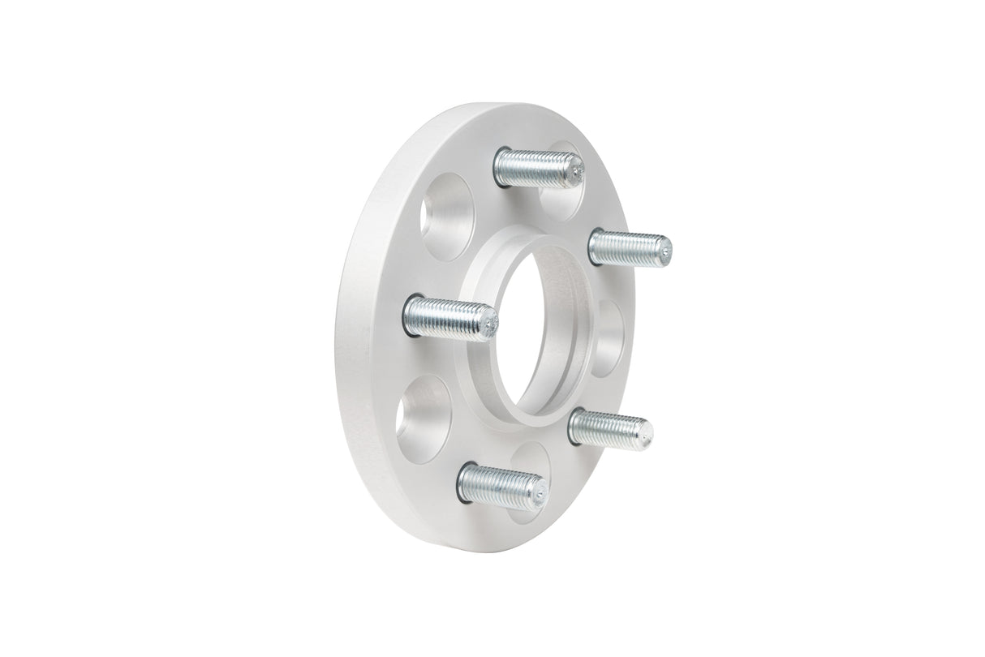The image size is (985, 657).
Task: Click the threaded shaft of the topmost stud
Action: click(536, 168)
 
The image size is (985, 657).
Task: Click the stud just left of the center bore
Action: click(449, 317)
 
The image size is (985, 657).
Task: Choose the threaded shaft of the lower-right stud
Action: click(607, 427)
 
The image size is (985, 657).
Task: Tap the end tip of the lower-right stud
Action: click(646, 433)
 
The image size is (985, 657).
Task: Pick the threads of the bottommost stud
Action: click(499, 485)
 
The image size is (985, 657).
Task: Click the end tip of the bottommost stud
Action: click(540, 492)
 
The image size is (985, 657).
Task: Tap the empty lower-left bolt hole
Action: click(422, 419)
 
